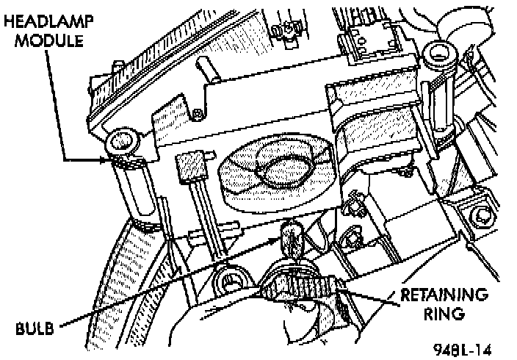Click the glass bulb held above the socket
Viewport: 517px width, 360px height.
[289, 235]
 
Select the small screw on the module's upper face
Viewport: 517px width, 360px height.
[198, 114]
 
